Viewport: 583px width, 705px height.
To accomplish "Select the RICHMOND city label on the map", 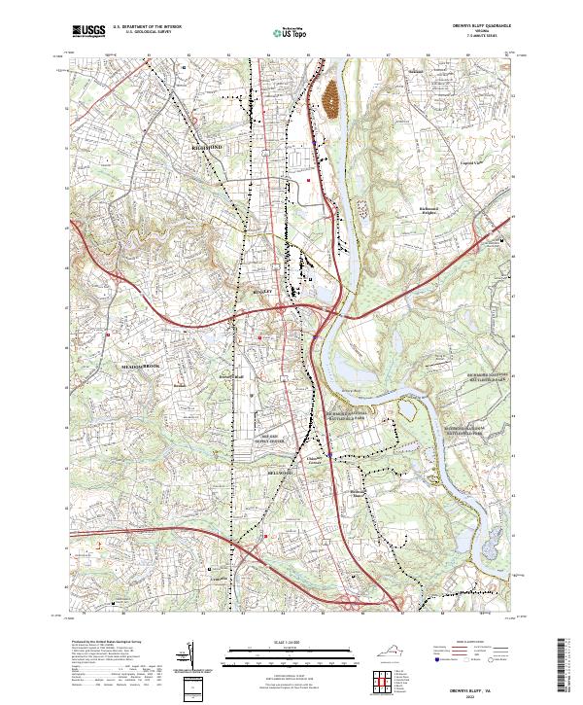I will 208,146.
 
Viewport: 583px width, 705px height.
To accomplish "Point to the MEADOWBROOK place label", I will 139,366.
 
